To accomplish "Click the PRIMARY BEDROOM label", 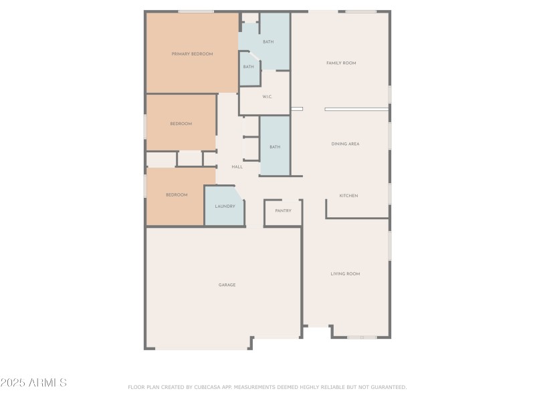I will coord(192,53).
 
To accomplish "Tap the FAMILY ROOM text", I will coord(341,63).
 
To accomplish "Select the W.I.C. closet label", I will coord(266,97).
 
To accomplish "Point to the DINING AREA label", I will coord(345,144).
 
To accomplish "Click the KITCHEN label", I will coord(348,196).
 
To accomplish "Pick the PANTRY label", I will coord(283,211).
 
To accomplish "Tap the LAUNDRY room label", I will coord(225,207).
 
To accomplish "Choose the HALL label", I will coord(237,166).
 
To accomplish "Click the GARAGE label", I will coord(227,285).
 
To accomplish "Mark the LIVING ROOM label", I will coord(345,273).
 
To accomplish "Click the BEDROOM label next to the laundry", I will coord(177,194).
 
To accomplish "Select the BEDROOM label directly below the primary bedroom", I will coord(181,124).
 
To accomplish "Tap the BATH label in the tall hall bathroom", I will coord(274,146).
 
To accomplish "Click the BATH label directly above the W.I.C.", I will coord(267,42).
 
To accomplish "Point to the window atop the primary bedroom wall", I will coord(196,11).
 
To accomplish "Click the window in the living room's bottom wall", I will coord(362,338).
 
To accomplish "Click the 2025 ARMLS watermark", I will coord(33,383).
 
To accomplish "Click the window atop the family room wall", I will coord(361,11).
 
